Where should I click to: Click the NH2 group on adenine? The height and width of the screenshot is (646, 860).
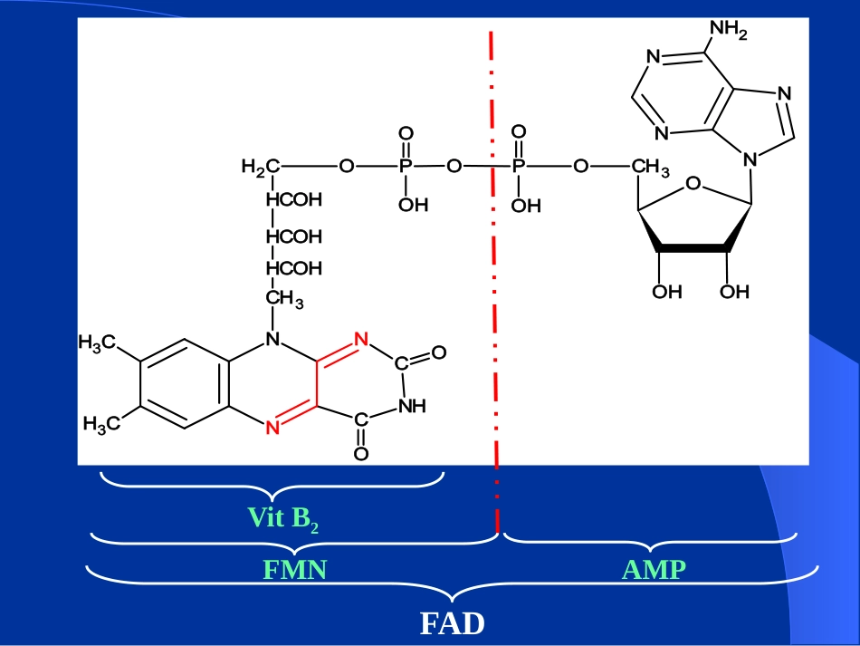pyautogui.click(x=729, y=30)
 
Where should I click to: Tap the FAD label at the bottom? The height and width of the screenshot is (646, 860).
pyautogui.click(x=453, y=623)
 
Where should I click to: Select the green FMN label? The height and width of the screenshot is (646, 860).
pyautogui.click(x=295, y=570)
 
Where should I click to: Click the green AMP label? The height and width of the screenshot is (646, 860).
pyautogui.click(x=654, y=570)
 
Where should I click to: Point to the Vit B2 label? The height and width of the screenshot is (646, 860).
pyautogui.click(x=283, y=518)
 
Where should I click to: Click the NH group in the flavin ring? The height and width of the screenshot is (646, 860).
pyautogui.click(x=412, y=406)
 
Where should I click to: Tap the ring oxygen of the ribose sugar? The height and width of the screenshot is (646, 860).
pyautogui.click(x=693, y=183)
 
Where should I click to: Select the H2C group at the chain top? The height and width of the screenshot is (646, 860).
pyautogui.click(x=261, y=167)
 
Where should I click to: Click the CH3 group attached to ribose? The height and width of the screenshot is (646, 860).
pyautogui.click(x=651, y=167)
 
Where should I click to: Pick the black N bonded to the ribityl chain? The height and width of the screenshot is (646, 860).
pyautogui.click(x=272, y=339)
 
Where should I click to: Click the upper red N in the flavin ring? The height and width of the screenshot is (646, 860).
pyautogui.click(x=361, y=339)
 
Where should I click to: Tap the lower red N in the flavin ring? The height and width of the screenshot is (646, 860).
pyautogui.click(x=272, y=428)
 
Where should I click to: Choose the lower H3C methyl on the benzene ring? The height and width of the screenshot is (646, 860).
pyautogui.click(x=102, y=424)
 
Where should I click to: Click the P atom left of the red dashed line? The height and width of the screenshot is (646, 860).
pyautogui.click(x=406, y=166)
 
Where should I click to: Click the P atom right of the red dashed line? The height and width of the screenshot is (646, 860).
pyautogui.click(x=519, y=166)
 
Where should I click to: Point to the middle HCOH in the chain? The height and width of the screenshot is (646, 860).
pyautogui.click(x=294, y=236)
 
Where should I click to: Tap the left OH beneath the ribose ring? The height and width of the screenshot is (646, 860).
pyautogui.click(x=667, y=292)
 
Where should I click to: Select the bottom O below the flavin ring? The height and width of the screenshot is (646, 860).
pyautogui.click(x=361, y=454)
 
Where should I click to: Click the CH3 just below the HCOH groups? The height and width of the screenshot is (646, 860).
pyautogui.click(x=284, y=299)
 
